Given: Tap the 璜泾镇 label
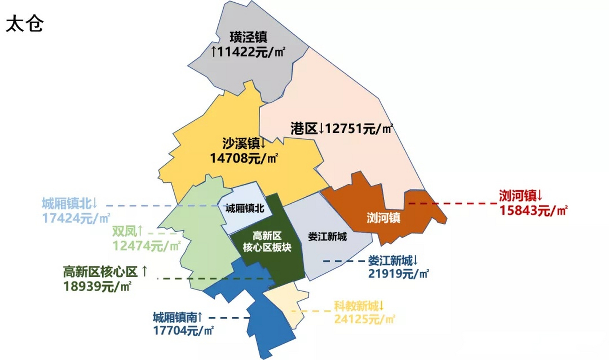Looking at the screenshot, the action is coord(248,37).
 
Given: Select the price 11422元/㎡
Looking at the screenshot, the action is coord(252,52).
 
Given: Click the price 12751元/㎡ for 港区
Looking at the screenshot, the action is coord(358,129).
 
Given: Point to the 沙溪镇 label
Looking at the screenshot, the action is coord(241,143).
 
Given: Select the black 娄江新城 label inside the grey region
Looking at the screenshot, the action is coord(327,237).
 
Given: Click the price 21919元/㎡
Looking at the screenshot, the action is coord(398,273).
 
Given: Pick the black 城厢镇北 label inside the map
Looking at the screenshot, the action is coord(245,208).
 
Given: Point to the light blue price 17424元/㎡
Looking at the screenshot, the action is coord(76,218).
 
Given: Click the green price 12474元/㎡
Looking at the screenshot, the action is coord(146,246).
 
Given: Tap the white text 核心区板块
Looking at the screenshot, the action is coord(267,247).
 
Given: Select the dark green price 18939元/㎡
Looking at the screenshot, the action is coord(97,287).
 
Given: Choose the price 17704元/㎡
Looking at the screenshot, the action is coord(183,330).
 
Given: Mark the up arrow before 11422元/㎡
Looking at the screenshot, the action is coord(214,52).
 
